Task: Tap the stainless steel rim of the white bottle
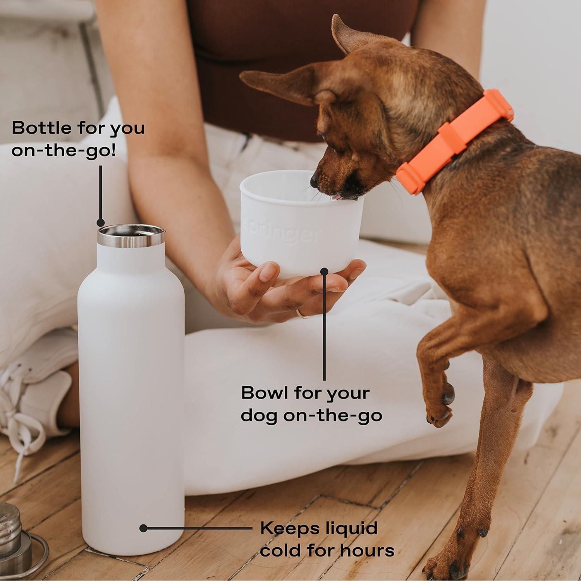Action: click(x=131, y=240)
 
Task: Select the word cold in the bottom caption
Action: click(x=280, y=550)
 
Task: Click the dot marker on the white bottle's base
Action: click(x=143, y=528)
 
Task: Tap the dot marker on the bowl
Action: click(x=324, y=271)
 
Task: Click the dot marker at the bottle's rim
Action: click(x=100, y=223)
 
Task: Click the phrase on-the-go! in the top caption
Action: click(x=64, y=150)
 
